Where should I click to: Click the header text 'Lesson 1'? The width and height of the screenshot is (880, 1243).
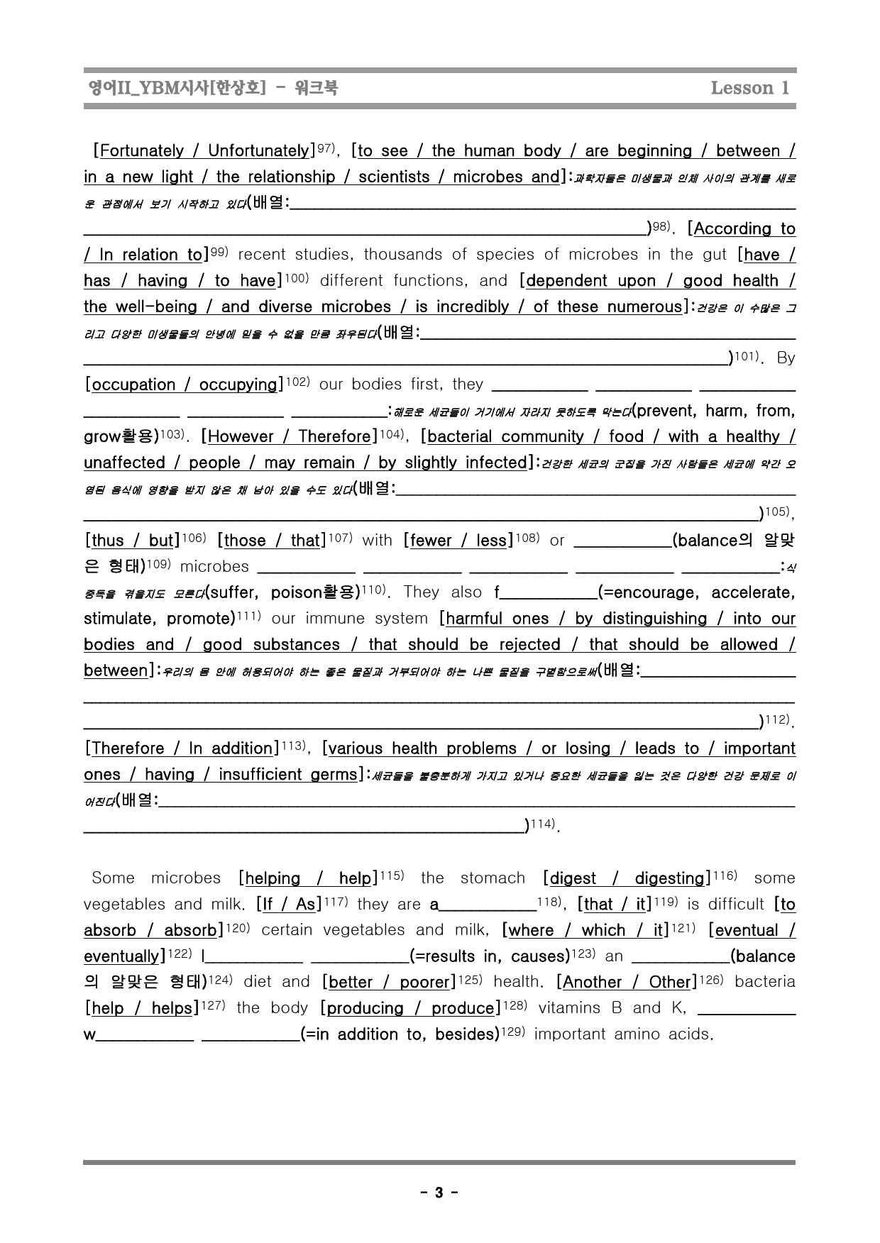(749, 88)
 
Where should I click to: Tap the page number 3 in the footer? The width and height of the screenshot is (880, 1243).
(439, 1193)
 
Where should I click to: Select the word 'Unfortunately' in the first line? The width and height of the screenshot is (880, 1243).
(258, 151)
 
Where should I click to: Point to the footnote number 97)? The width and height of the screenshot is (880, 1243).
(325, 148)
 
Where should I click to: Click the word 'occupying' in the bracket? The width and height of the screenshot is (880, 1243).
(238, 385)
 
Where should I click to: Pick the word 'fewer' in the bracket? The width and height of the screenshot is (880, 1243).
(431, 541)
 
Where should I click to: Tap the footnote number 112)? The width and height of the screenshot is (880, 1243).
(778, 719)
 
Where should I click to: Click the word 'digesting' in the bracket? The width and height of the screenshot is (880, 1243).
(669, 878)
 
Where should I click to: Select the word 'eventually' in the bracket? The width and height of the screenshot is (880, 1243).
(123, 956)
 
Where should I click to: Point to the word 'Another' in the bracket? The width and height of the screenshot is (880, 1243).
(595, 982)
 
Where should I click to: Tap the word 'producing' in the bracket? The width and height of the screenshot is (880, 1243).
(363, 1008)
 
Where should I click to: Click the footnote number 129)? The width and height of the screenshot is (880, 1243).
(514, 1032)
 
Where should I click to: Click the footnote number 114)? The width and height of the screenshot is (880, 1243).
(543, 824)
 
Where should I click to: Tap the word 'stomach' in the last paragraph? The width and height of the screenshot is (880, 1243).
(493, 878)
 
